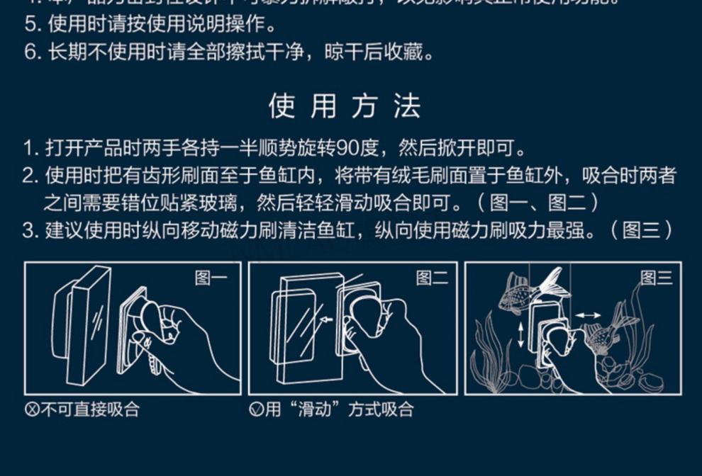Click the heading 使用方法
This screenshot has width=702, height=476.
point(345,106)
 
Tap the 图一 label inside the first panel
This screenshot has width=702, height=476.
point(211,278)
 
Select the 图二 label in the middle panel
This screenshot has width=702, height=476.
point(432,278)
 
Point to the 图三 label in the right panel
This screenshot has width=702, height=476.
point(656,278)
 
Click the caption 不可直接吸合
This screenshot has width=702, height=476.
point(90,409)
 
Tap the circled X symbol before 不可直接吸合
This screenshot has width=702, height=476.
point(32,410)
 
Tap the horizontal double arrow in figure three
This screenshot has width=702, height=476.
point(588,315)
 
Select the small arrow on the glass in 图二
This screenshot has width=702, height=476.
point(325,320)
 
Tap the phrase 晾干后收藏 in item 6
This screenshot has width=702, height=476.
point(379,53)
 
